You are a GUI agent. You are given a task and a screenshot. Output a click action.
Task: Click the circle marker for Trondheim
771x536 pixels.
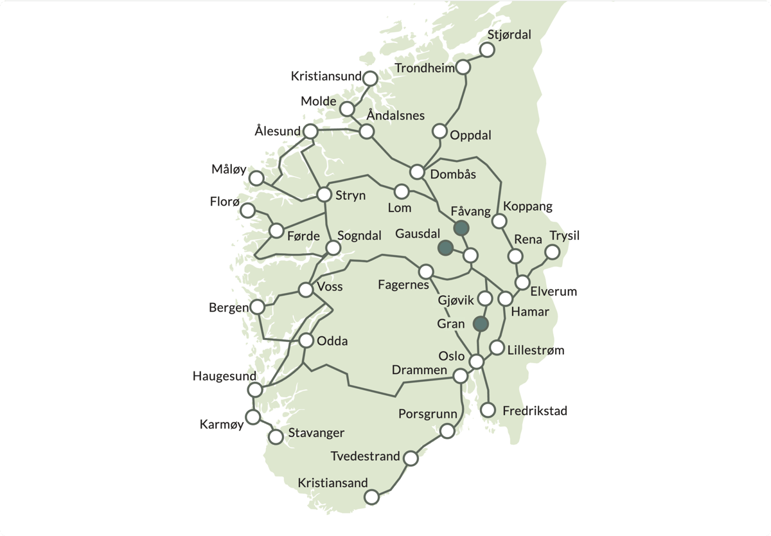[463, 67]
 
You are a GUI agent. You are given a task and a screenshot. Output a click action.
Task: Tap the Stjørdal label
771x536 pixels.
[510, 35]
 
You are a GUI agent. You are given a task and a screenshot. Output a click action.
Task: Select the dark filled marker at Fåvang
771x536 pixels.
[461, 228]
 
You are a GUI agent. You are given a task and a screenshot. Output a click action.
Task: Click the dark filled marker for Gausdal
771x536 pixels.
[445, 247]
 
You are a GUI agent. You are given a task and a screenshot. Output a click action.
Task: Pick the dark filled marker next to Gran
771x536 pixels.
[481, 324]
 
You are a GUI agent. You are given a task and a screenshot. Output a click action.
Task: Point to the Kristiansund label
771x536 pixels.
[326, 76]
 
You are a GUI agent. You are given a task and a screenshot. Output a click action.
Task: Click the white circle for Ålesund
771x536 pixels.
[310, 131]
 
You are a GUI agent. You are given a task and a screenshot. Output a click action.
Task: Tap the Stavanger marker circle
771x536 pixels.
[276, 437]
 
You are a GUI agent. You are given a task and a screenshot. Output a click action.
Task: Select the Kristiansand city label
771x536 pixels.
[333, 482]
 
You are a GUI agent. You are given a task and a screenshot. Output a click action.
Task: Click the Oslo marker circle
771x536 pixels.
[476, 362]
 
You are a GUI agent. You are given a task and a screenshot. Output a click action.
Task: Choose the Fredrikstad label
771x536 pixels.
[535, 411]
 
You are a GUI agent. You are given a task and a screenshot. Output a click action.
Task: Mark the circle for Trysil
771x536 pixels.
[552, 252]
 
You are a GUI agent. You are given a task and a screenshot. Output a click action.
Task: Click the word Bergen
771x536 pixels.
[229, 308]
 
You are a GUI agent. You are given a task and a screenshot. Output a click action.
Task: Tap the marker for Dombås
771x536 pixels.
[418, 172]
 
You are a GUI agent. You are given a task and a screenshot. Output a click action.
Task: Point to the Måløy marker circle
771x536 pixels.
[256, 179]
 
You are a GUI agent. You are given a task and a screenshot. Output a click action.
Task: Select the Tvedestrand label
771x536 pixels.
[365, 456]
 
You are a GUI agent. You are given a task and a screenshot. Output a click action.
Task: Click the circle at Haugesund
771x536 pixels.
[255, 390]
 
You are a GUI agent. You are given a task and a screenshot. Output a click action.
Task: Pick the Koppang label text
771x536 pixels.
[528, 207]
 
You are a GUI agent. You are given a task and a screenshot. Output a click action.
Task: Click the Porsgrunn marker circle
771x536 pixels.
[447, 430]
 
